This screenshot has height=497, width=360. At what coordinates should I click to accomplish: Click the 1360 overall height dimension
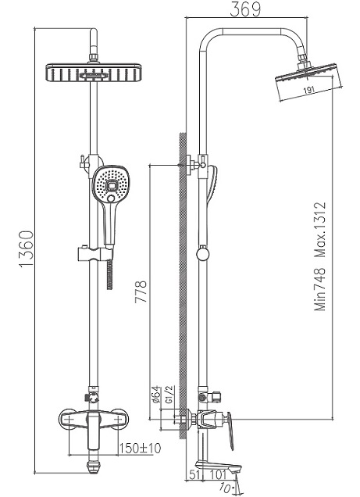pyautogui.click(x=27, y=249)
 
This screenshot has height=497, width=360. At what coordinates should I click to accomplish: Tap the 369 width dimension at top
pyautogui.click(x=245, y=9)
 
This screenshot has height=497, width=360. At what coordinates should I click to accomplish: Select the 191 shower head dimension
pyautogui.click(x=308, y=90)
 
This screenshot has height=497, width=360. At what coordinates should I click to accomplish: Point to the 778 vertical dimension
pyautogui.click(x=141, y=291)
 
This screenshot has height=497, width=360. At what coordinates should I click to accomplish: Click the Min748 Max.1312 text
pyautogui.click(x=319, y=256)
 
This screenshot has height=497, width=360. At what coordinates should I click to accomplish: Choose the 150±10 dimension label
pyautogui.click(x=140, y=449)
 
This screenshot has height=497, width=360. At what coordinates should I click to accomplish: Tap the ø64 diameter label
pyautogui.click(x=156, y=395)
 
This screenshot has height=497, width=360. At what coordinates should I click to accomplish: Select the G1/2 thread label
pyautogui.click(x=169, y=395)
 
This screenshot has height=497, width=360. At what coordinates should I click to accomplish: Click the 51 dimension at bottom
pyautogui.click(x=194, y=474)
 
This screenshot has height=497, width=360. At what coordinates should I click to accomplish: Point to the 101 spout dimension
pyautogui.click(x=218, y=474)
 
